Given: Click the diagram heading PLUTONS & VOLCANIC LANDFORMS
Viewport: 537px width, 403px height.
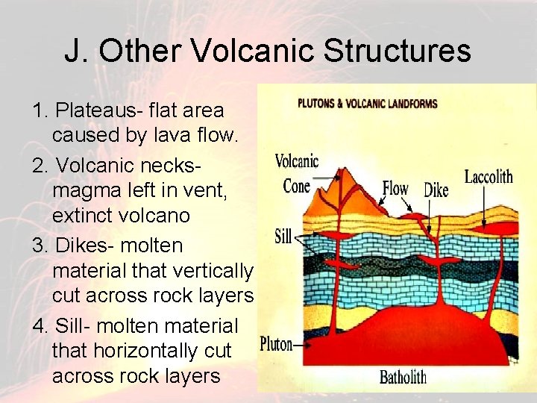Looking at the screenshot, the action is tap(367, 104).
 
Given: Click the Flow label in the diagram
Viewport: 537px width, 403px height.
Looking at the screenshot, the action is tap(395, 188).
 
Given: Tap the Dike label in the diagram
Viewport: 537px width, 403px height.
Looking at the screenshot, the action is tap(436, 190).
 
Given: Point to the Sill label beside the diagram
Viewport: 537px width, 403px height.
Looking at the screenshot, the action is tap(283, 237).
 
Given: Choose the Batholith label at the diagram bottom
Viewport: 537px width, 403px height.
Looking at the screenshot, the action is tap(402, 376).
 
